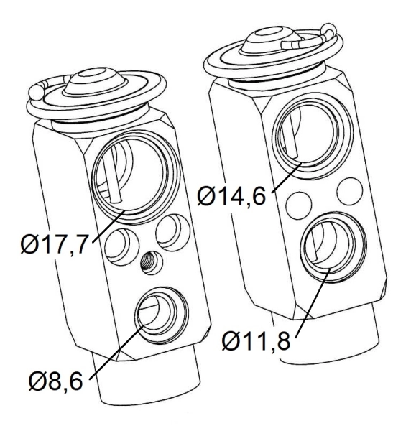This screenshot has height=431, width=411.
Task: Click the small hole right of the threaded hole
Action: [x=173, y=231]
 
